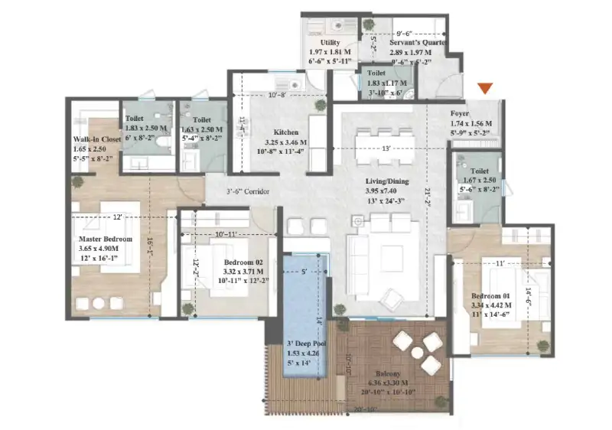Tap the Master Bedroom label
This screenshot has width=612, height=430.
tap(106, 239)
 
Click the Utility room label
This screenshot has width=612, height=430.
tap(330, 43)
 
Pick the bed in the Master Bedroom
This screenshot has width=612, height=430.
tap(107, 245)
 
